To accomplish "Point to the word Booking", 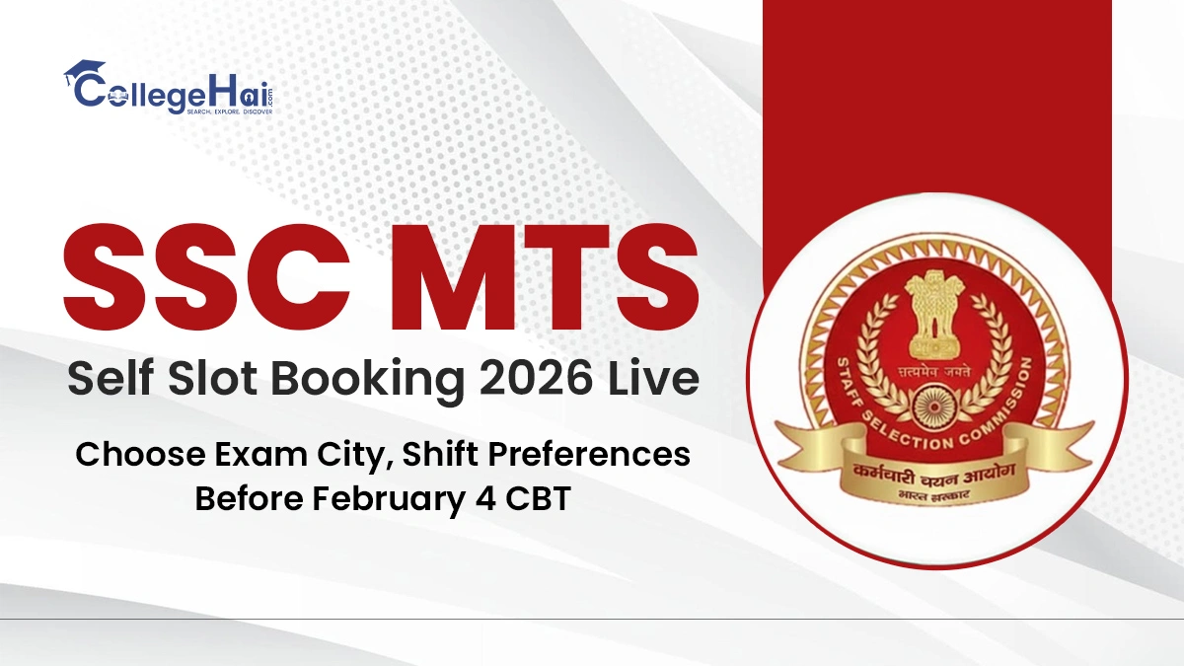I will [x=395, y=380].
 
